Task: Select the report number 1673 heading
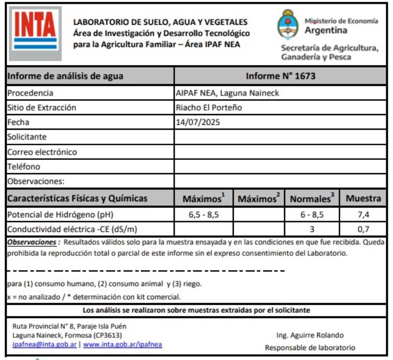pos(280,76)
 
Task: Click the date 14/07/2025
pos(199,122)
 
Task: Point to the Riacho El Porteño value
pos(209,108)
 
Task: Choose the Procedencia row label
pos(30,93)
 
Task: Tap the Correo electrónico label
pos(42,152)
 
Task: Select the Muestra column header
pos(363,198)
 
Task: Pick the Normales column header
pos(311,199)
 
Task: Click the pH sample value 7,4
pos(363,214)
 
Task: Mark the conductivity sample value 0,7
pos(363,229)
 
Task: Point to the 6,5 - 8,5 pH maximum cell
pos(203,214)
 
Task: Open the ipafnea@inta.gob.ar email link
pos(45,344)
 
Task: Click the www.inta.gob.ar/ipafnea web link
pos(123,344)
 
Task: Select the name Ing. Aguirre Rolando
pos(310,335)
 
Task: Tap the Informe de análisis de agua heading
pos(65,76)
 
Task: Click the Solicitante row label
pos(27,137)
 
